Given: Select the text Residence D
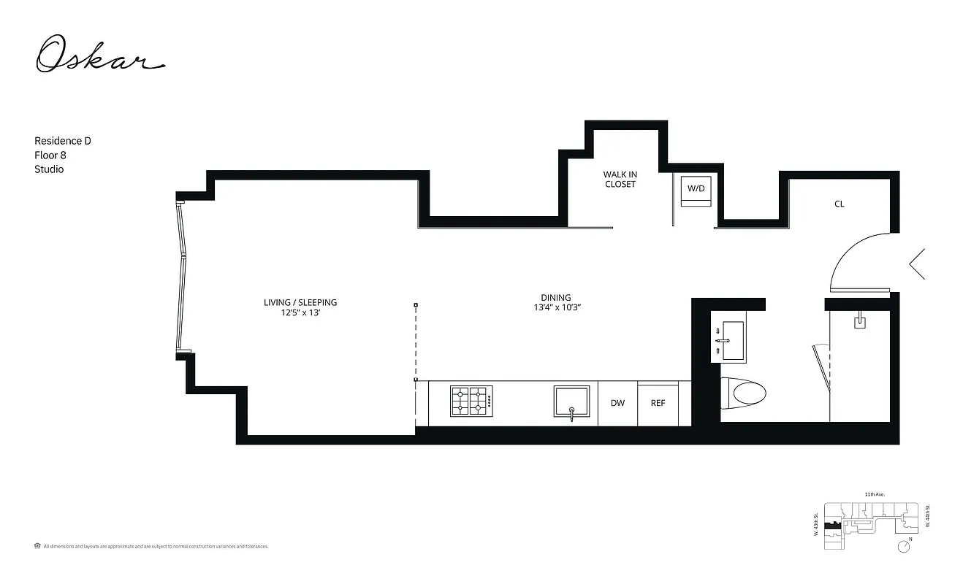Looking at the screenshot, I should click(x=63, y=141).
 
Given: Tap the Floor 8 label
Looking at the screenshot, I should click(x=50, y=155).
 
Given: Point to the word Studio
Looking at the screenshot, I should click(x=49, y=169).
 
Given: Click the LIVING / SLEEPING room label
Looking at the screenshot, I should click(x=300, y=302).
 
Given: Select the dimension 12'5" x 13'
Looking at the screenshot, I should click(x=300, y=313).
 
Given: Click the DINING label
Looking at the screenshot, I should click(x=556, y=298).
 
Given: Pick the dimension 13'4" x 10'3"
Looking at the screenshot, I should click(x=556, y=308).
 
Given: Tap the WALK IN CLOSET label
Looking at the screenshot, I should click(x=620, y=180).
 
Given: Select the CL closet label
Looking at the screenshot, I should click(x=840, y=204).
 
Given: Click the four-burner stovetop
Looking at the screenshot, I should click(x=471, y=401).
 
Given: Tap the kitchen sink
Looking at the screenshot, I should click(x=571, y=402).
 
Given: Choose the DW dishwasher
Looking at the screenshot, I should click(x=617, y=403).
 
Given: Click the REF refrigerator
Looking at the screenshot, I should click(x=658, y=403).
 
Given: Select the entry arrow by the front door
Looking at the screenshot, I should click(x=916, y=264).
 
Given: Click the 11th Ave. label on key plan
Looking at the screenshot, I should click(x=875, y=494).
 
